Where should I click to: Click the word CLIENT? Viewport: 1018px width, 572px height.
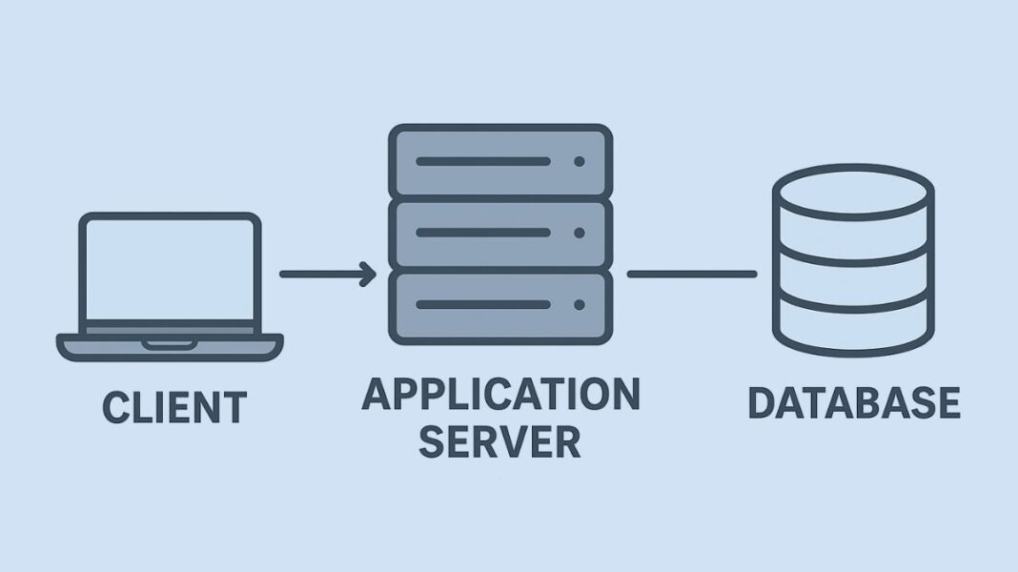(173, 407)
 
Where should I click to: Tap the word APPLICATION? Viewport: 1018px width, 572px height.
(500, 395)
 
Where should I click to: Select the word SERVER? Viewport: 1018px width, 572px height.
(499, 442)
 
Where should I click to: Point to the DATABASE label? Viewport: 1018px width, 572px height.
(853, 403)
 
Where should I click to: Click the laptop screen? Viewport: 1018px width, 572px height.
(170, 271)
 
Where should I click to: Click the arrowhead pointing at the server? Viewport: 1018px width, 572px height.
(367, 275)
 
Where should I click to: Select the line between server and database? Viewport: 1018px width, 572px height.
(691, 275)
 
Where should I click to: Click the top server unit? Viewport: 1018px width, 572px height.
(500, 161)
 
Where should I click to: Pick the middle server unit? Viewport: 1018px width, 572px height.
(500, 233)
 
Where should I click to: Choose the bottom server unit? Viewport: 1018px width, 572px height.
(500, 305)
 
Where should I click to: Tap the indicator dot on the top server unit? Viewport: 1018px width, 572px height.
(579, 162)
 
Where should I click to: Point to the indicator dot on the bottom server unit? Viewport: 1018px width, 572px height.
(579, 305)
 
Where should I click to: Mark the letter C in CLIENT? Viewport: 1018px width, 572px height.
(114, 407)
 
